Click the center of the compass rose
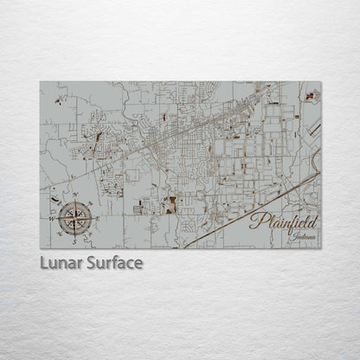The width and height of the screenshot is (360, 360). [x=77, y=217]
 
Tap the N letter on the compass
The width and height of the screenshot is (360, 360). [x=75, y=194]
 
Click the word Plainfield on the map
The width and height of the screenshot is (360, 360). [x=283, y=222]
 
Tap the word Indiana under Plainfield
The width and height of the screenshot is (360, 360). [x=305, y=235]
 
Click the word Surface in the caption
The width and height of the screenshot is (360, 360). [x=114, y=262]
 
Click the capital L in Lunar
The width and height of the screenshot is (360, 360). [x=44, y=262]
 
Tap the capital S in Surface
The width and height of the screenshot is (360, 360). [x=92, y=262]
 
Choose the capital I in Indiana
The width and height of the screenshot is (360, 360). [x=294, y=235]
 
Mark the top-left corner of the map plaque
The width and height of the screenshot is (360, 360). [x=40, y=82]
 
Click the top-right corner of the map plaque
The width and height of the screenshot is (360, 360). [x=321, y=82]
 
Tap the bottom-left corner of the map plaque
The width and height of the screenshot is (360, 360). [x=40, y=248]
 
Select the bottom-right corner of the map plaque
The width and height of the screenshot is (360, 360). [x=321, y=248]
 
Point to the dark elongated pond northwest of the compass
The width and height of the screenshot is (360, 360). [x=98, y=137]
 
